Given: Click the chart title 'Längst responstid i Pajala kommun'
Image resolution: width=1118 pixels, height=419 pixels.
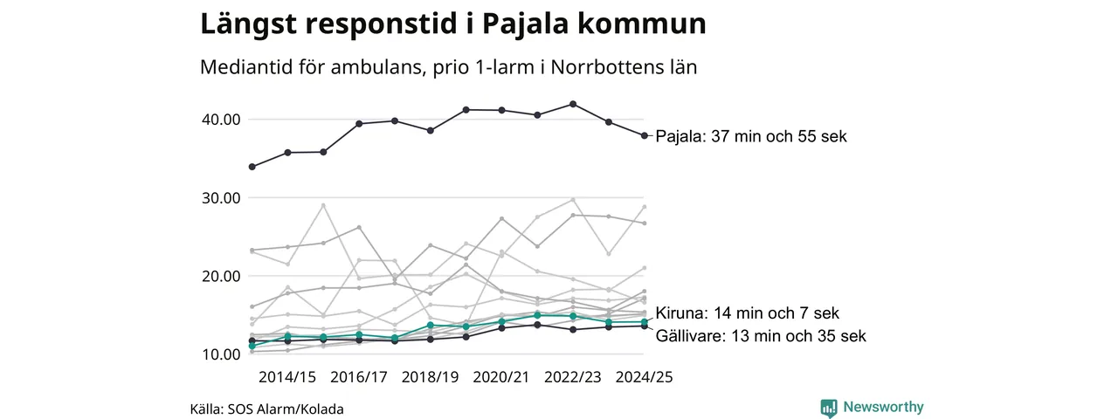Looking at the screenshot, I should (x=452, y=24).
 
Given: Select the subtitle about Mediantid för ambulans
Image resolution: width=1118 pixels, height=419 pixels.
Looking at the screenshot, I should (x=448, y=67).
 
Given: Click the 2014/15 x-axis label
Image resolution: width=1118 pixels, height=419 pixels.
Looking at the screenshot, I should (x=287, y=377).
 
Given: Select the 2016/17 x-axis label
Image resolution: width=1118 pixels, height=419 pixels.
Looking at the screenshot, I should (x=359, y=377).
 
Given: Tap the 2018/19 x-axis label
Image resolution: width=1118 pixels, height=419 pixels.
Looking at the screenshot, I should (x=431, y=377).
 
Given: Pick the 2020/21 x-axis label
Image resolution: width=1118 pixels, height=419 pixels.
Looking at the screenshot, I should (x=501, y=377).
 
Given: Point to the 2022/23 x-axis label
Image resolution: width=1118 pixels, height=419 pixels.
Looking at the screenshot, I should (x=573, y=377).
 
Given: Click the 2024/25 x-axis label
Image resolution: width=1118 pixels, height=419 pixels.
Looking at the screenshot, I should (x=645, y=377).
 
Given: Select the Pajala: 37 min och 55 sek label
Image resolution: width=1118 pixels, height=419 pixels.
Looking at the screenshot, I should (x=751, y=137).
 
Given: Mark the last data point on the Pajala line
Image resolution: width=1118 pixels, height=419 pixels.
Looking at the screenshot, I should (x=644, y=135).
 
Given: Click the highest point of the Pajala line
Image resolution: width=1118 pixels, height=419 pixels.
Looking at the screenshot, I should (x=572, y=104).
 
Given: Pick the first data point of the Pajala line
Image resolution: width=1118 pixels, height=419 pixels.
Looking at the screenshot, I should (x=252, y=167).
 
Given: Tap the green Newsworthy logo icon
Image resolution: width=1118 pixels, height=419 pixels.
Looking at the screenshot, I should (x=829, y=408).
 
